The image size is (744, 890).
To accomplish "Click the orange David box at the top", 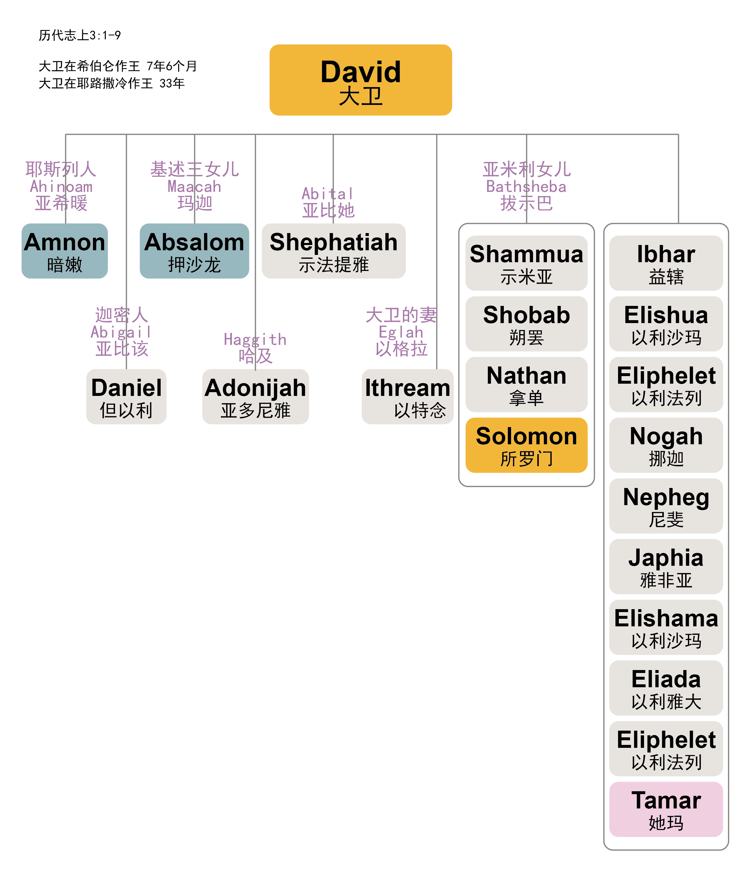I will click(x=361, y=80).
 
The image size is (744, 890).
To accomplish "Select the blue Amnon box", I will click(x=64, y=251).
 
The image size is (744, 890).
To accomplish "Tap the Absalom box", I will click(x=194, y=251).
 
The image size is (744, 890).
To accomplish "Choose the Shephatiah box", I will click(x=334, y=251).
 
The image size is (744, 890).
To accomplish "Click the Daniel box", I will click(x=127, y=397).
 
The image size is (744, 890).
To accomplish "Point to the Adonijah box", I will click(x=255, y=397).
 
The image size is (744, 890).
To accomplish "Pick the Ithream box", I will click(x=407, y=397).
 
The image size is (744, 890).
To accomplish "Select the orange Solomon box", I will click(x=527, y=445).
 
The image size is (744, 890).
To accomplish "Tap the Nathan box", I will click(x=527, y=384).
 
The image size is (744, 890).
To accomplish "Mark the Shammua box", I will click(x=527, y=263).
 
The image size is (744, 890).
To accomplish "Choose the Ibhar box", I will click(x=666, y=263).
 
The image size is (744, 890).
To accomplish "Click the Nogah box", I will click(x=666, y=445).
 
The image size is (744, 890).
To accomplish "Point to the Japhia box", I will click(x=666, y=566).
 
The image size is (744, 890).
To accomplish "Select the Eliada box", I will click(x=666, y=688).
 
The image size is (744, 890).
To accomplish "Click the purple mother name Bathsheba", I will click(x=526, y=186).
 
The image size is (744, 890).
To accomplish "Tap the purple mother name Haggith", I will click(x=255, y=339).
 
